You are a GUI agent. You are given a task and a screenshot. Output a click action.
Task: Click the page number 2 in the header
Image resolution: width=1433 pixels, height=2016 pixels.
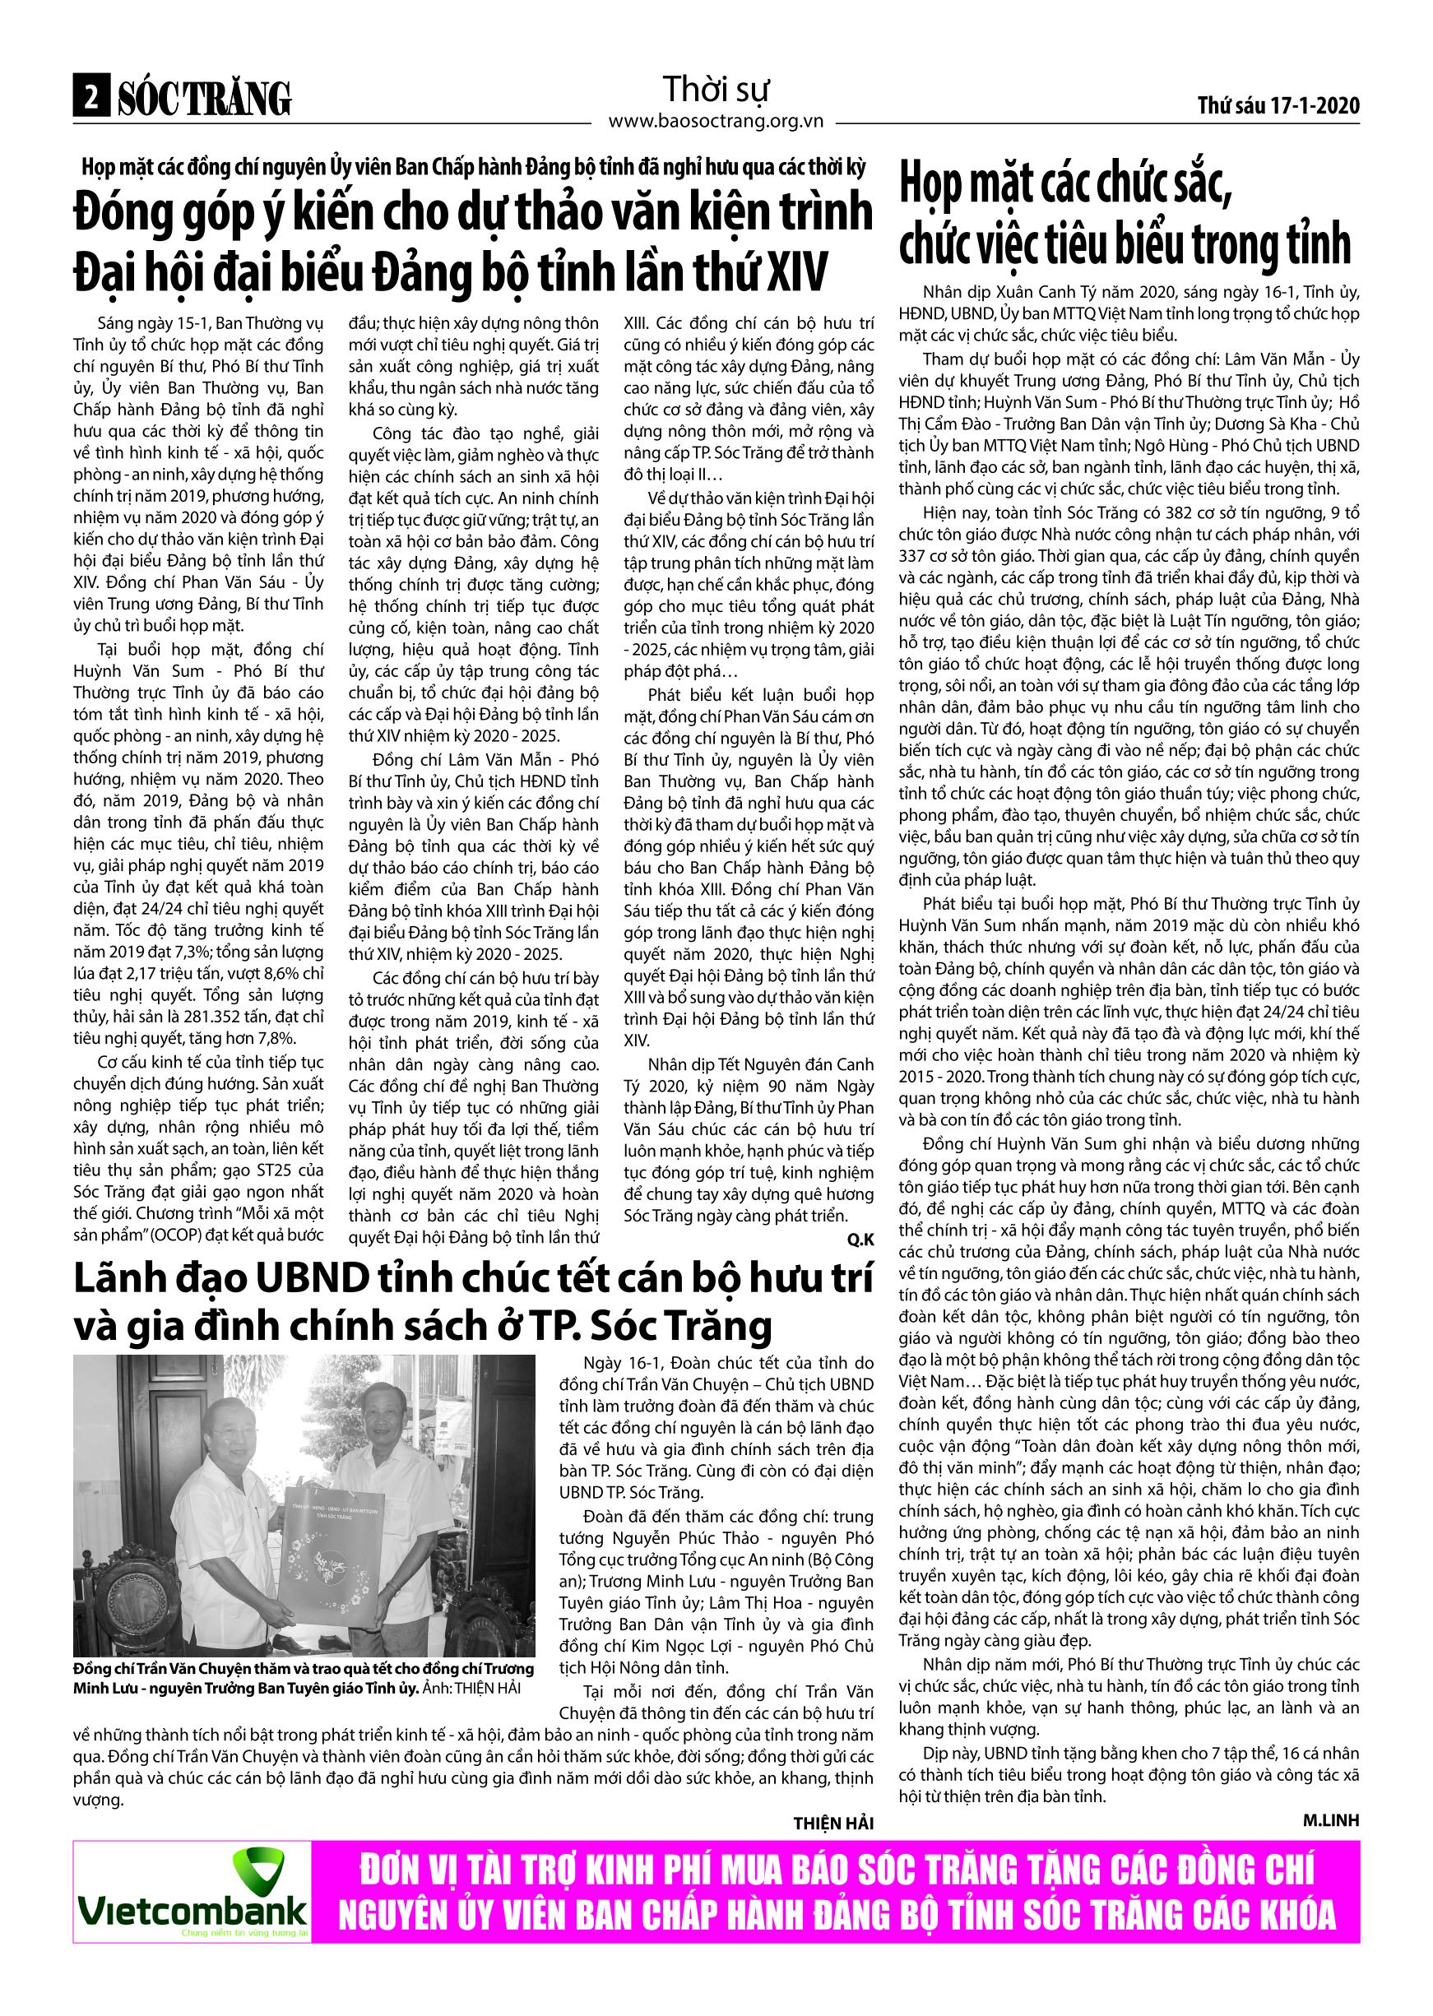click(89, 99)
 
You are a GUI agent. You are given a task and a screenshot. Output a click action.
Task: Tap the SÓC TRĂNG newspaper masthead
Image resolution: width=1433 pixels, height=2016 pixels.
click(204, 99)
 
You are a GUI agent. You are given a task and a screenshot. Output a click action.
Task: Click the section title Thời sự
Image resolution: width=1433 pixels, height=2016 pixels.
click(716, 89)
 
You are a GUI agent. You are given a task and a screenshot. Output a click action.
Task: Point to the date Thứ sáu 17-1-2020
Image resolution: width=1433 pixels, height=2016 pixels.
click(1278, 106)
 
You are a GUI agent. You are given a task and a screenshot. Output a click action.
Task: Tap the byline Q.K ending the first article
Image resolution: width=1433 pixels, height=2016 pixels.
click(860, 1239)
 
